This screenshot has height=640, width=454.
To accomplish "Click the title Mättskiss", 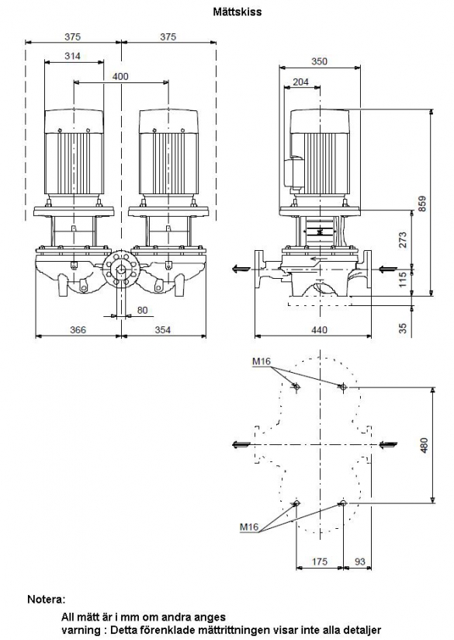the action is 237,12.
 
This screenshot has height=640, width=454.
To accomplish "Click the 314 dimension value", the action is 73,56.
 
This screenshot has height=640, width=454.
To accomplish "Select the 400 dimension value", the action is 120,76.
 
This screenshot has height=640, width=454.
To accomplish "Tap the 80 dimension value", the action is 142,310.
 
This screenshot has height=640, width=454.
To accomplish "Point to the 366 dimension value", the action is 78,330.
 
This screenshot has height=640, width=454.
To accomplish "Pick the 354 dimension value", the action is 162,330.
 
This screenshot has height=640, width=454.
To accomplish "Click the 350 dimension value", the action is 319,61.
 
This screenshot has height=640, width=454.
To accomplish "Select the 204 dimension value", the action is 300,82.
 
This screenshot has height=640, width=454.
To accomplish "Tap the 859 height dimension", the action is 423,203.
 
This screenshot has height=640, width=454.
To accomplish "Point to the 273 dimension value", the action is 403,240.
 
